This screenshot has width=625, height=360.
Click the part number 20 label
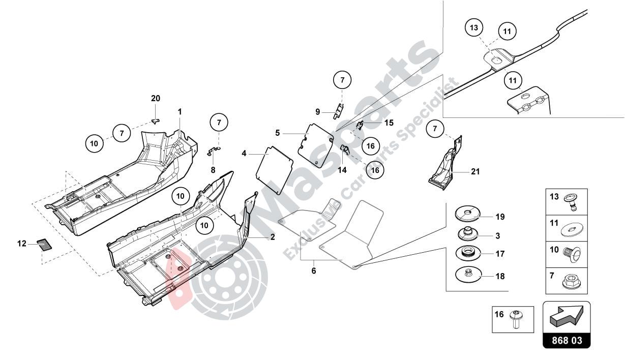(156, 98)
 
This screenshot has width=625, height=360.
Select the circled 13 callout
(474, 28)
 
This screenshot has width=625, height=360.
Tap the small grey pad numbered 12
(45, 245)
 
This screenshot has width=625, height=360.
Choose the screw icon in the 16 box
(518, 319)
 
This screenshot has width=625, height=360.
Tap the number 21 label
(475, 172)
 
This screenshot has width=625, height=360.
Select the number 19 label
(500, 217)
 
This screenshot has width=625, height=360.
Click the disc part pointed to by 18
(468, 275)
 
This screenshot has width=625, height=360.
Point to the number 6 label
(314, 271)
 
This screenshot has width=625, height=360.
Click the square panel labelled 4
(275, 169)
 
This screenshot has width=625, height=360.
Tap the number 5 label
(278, 133)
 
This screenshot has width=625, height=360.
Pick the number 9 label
(317, 111)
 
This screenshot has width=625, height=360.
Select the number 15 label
(389, 123)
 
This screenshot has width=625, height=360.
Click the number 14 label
(342, 170)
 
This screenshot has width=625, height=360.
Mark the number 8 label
(213, 170)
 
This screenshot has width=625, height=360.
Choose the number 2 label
(272, 237)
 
